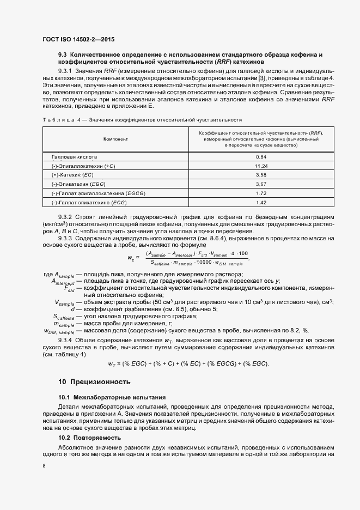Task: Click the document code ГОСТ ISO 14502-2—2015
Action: point(77,39)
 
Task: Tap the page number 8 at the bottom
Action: point(44,466)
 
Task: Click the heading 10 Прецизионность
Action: point(94,381)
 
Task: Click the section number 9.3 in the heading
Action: point(62,55)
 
